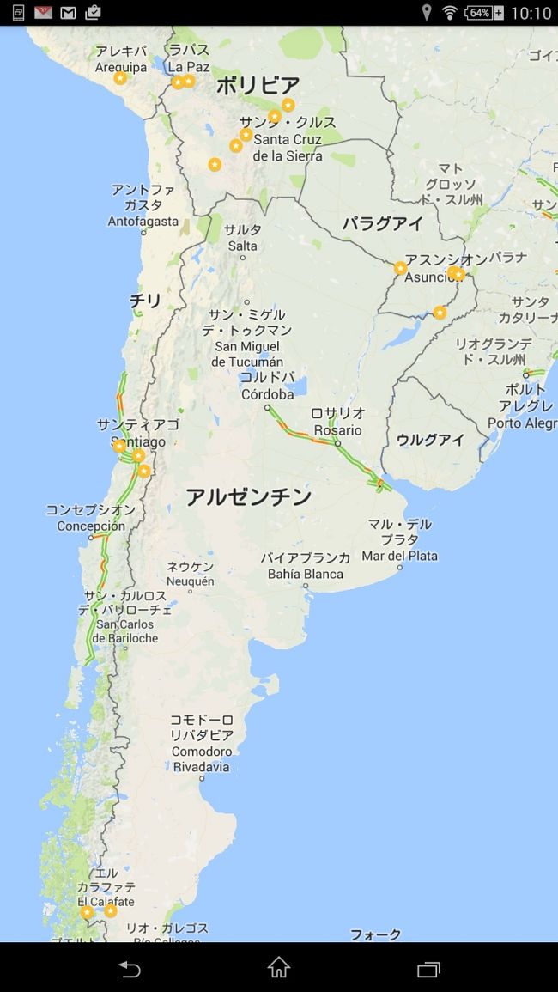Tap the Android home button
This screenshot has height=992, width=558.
point(279,968)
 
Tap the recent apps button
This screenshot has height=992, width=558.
point(428,969)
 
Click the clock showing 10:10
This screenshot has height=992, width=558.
point(531,13)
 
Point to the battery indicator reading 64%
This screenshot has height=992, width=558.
point(485,13)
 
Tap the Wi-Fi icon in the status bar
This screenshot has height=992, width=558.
point(449,13)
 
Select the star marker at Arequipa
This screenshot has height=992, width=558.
point(120,78)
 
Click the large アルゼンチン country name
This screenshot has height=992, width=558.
point(249,496)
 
